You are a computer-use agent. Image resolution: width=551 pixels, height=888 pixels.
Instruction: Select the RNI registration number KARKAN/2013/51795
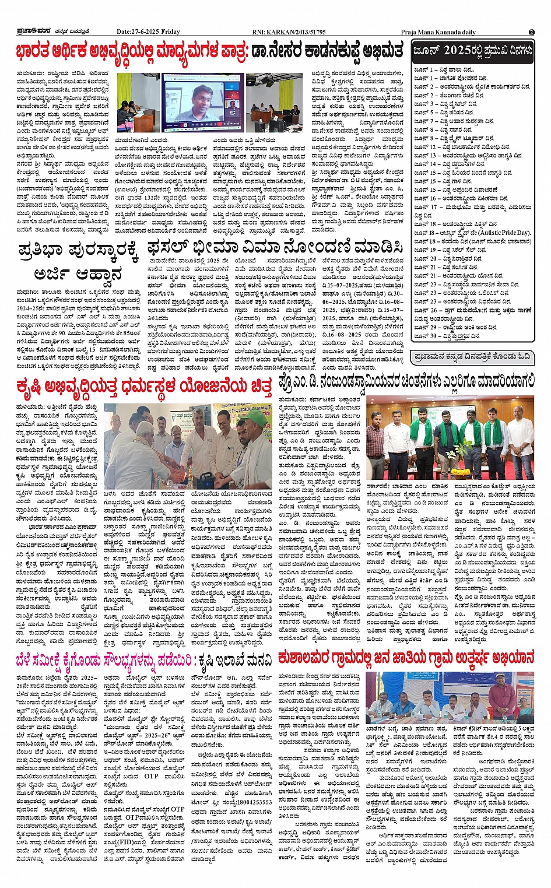click(297, 32)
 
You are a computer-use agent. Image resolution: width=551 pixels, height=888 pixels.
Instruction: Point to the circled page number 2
click(531, 32)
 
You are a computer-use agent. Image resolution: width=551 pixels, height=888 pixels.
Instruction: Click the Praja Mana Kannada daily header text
click(438, 32)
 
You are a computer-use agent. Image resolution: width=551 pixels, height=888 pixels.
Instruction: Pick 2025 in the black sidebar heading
click(457, 51)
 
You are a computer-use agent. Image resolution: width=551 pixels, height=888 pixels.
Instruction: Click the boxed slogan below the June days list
click(471, 356)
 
